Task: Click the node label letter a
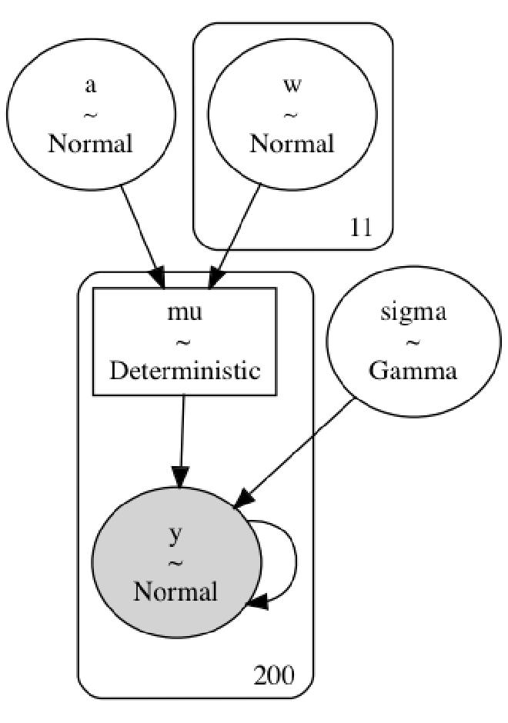point(90,85)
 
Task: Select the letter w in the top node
point(292,84)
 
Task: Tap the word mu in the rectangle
point(184,314)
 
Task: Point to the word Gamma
point(413,371)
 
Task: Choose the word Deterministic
point(185,371)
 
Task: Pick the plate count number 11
point(360,228)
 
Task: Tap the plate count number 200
point(273,676)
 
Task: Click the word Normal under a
point(90,144)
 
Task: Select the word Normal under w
point(292,144)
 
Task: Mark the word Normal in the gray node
point(175,592)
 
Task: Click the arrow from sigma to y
point(296,454)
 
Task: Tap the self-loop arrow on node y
point(296,562)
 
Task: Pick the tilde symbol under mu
point(184,342)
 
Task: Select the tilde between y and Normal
point(175,564)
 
